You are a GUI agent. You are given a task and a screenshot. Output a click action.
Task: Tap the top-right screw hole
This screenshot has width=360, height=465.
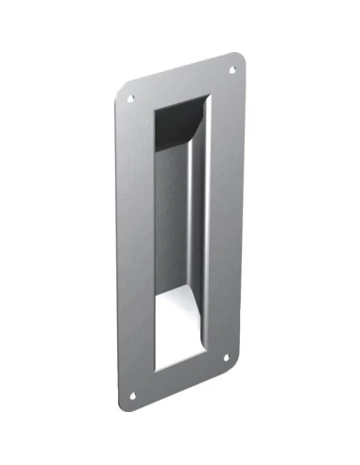coord(232,69)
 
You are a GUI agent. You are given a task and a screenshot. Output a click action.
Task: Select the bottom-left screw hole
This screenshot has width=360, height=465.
coord(133,396)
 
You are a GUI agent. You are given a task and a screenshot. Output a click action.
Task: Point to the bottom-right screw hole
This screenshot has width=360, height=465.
coord(226,356)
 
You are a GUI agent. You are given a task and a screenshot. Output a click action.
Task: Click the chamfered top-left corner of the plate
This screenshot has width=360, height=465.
coord(120,91)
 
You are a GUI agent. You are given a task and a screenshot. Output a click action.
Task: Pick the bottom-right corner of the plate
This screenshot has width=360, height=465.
coord(235,362)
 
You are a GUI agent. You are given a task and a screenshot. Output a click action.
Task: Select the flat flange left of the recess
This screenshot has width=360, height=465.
coord(136,246)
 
